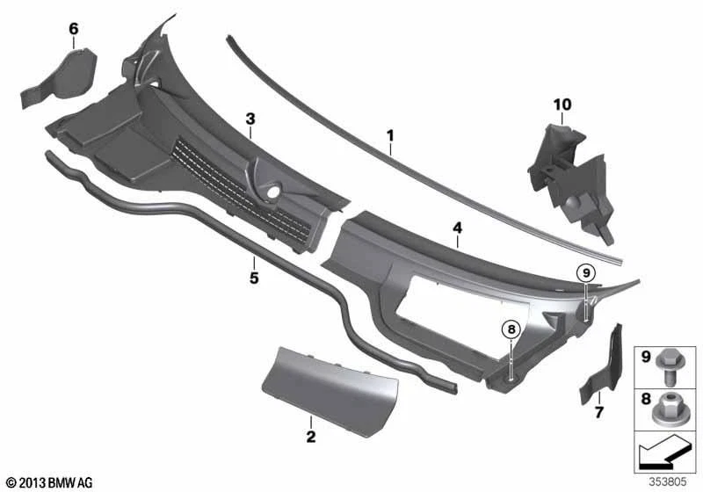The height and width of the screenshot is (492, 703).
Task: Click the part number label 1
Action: click(x=389, y=136)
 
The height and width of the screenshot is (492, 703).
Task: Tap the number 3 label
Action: click(x=250, y=118)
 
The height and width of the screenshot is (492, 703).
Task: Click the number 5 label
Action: click(x=253, y=278)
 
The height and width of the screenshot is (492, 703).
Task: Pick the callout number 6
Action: click(x=73, y=29)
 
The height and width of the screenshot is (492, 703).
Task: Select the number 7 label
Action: click(x=599, y=411)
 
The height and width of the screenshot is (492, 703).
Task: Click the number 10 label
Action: click(x=562, y=105)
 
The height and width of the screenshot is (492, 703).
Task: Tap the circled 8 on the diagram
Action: click(x=511, y=330)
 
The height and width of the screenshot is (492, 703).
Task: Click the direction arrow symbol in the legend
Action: click(x=663, y=457)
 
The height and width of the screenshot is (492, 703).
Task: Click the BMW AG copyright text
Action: click(x=49, y=482)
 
